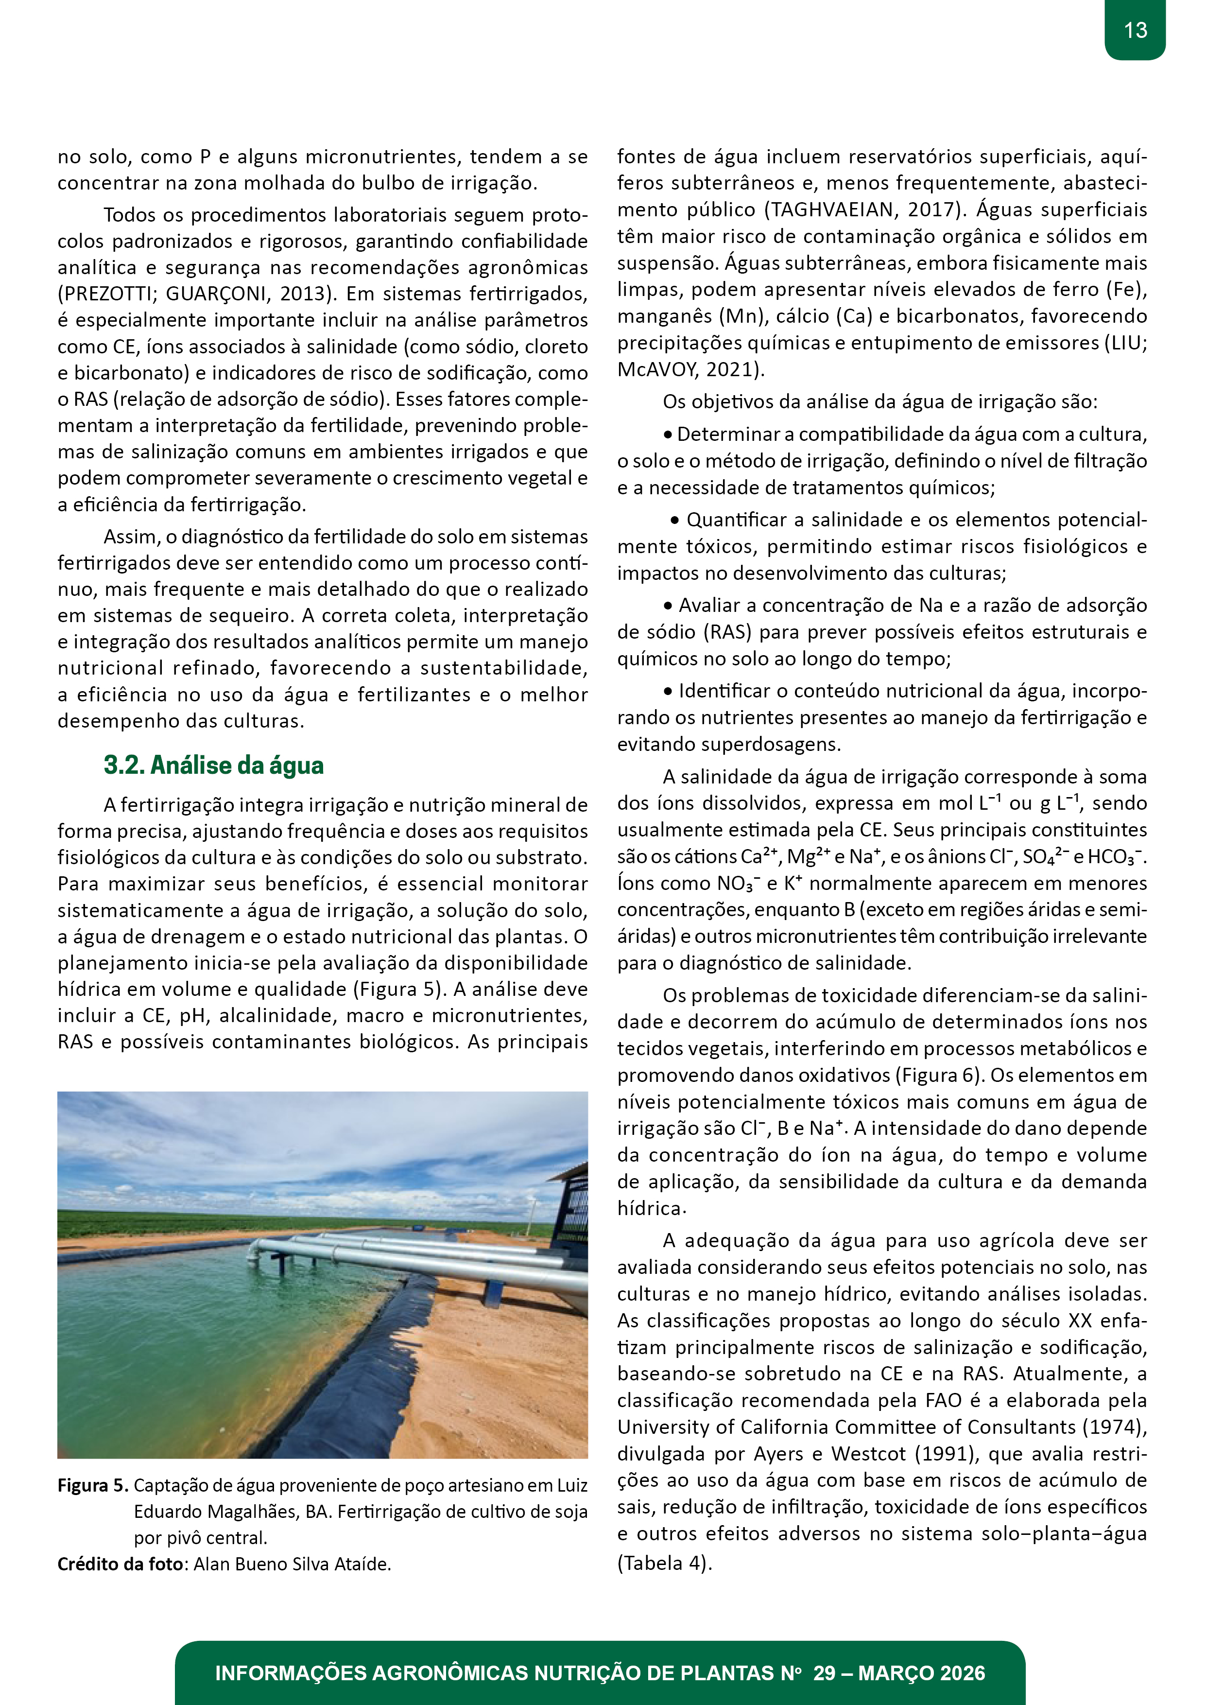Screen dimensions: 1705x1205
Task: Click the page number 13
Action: [1135, 31]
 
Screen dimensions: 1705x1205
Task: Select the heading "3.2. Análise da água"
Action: [214, 766]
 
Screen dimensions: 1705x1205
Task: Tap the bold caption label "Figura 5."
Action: [93, 1485]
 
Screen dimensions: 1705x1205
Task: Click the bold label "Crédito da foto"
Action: [120, 1564]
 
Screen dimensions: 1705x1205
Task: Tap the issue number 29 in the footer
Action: [824, 1673]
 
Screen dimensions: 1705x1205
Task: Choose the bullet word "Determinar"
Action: [728, 435]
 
